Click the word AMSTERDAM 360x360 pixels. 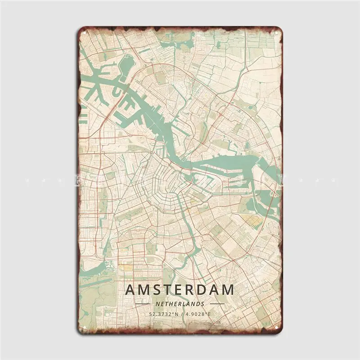179,289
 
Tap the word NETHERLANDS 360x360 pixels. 179,304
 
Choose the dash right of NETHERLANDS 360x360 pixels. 216,304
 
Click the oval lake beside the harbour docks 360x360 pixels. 127,63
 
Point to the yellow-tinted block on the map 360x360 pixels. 251,221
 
